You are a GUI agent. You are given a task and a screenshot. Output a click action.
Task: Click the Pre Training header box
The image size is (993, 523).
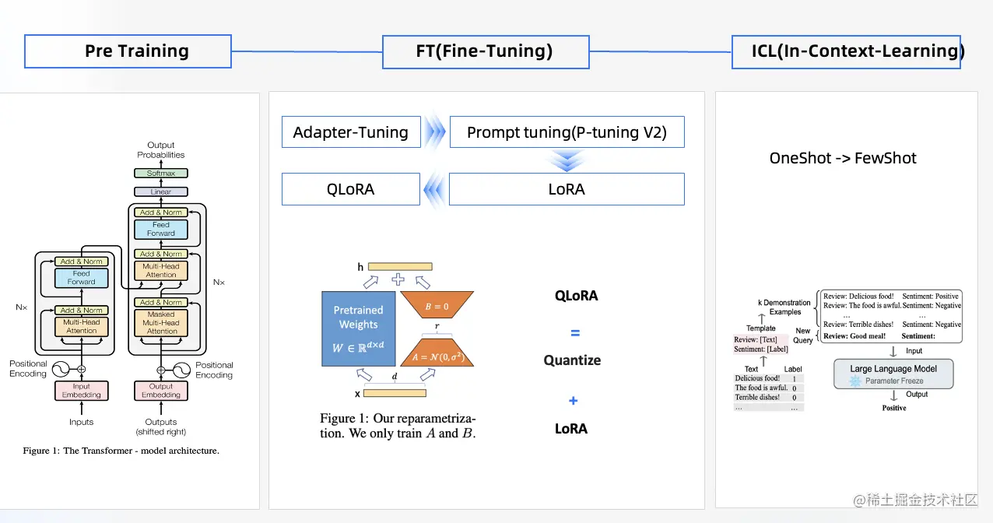[128, 51]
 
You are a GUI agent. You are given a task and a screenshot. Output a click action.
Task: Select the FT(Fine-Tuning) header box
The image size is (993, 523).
[485, 51]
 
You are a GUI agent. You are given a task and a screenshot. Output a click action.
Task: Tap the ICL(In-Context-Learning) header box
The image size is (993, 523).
[846, 51]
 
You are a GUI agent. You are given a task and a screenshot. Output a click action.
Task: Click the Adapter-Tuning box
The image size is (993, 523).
[350, 132]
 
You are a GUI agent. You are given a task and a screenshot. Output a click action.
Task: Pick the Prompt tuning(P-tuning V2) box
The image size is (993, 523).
[567, 132]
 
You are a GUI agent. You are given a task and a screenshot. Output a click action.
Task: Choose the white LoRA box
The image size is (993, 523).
[567, 189]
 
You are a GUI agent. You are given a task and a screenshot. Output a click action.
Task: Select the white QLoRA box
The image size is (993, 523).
[350, 189]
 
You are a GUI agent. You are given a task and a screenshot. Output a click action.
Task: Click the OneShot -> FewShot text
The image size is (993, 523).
[843, 158]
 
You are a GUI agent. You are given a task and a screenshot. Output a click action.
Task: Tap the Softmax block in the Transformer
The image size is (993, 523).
[161, 174]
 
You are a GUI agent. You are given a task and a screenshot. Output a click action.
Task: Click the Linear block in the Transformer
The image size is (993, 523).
[161, 191]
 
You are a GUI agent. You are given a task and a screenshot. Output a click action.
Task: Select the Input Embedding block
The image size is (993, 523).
[82, 391]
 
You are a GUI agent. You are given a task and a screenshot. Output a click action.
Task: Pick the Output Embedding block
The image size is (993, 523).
[161, 391]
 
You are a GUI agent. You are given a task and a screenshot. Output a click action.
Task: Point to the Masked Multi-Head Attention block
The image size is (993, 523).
[161, 323]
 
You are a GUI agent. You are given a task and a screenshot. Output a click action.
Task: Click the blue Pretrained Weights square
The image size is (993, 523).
[358, 328]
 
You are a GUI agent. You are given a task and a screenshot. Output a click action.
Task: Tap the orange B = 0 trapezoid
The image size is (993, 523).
[438, 307]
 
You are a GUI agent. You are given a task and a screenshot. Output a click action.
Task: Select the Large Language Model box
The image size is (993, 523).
[893, 374]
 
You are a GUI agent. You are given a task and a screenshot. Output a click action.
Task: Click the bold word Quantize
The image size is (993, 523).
[572, 360]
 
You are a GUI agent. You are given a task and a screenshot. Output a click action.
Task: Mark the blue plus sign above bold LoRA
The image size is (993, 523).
[573, 401]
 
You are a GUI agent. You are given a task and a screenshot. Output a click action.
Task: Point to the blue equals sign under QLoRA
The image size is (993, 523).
[575, 333]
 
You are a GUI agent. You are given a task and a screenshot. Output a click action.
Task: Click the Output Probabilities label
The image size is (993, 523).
[161, 149]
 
